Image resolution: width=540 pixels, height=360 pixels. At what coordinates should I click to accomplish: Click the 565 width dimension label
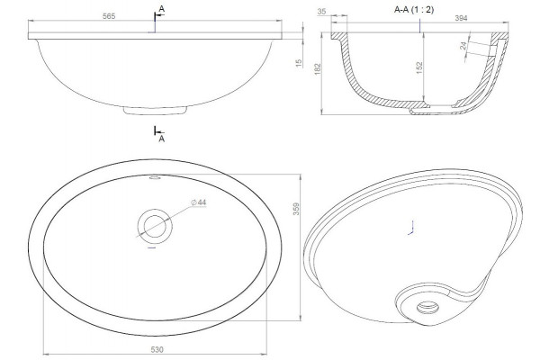point(109,16)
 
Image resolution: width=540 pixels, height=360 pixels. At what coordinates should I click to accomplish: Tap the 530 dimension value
point(157,350)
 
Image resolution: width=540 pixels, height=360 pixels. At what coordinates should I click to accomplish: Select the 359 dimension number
point(296,209)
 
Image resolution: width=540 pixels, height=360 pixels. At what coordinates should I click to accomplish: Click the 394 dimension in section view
point(461,18)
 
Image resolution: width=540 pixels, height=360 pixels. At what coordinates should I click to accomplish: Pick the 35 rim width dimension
point(321,12)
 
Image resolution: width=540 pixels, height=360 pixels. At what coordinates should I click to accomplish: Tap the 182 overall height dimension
point(318,68)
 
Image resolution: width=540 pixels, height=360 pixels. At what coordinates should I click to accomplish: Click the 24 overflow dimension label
point(463,46)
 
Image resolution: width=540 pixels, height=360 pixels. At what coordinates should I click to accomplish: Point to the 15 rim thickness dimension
point(299,63)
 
